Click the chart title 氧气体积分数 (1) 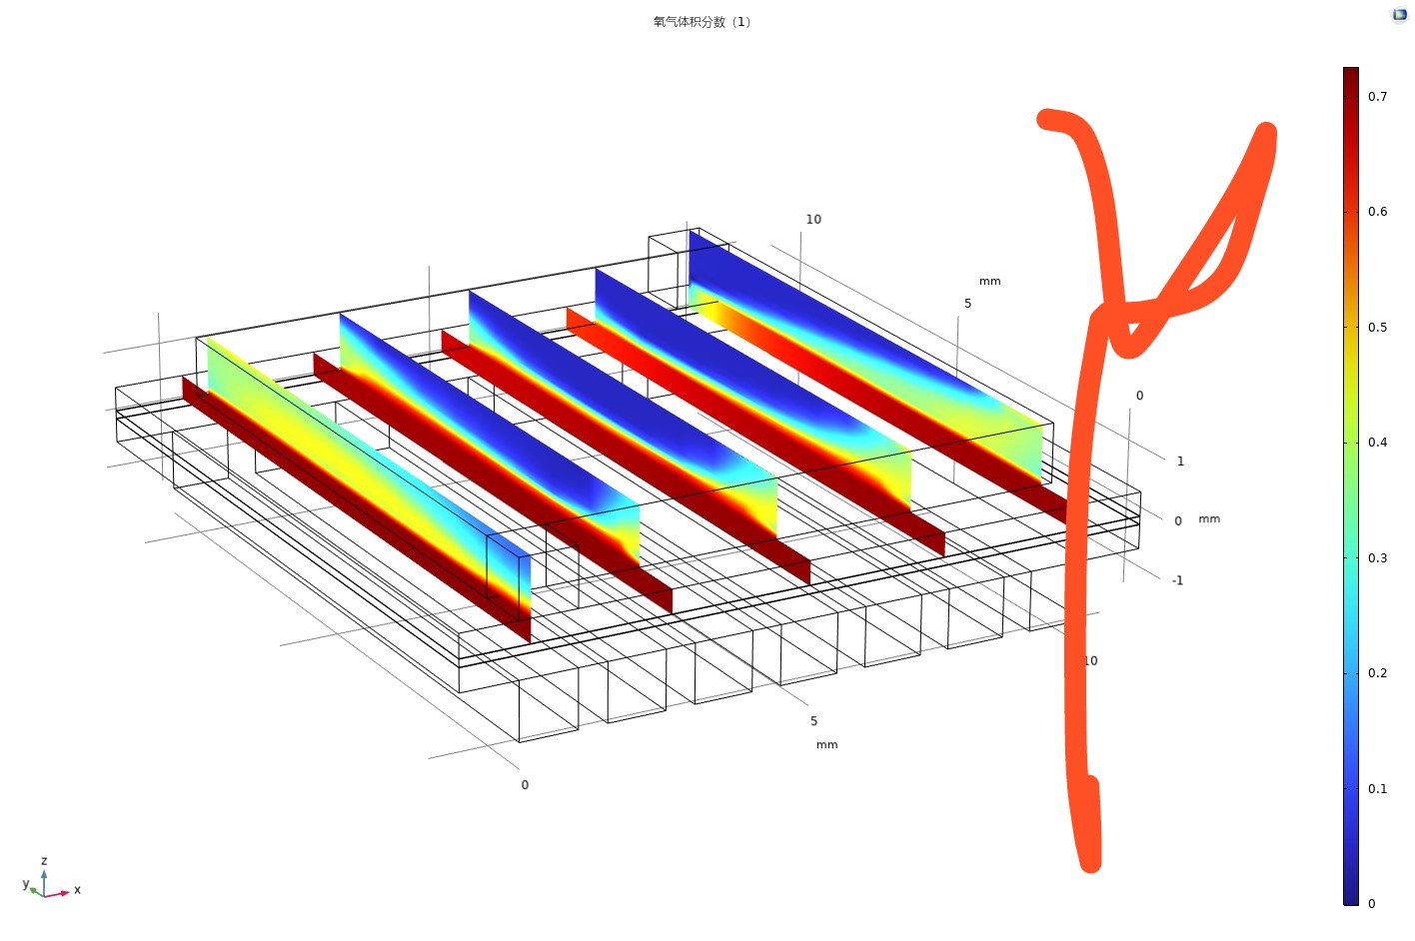[x=702, y=22]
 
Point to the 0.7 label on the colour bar [x=1377, y=97]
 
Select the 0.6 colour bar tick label [x=1377, y=212]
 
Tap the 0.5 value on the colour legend [x=1377, y=327]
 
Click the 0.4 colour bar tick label [x=1377, y=443]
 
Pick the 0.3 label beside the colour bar [x=1377, y=557]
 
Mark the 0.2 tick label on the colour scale [x=1377, y=672]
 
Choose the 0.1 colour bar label [x=1377, y=788]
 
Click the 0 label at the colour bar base [x=1371, y=904]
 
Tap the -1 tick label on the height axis [x=1177, y=580]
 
